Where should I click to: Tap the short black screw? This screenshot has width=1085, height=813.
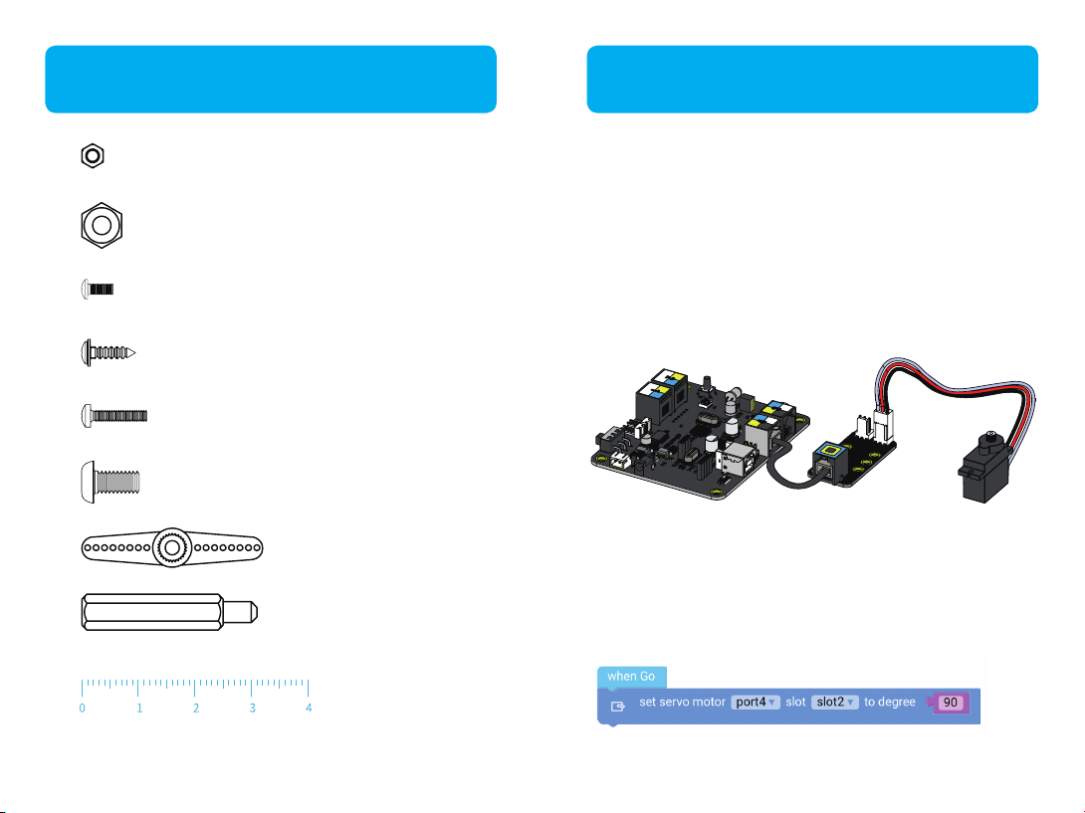[x=98, y=289]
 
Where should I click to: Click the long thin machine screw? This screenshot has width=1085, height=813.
[x=112, y=415]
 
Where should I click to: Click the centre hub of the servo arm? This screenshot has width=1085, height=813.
[x=172, y=546]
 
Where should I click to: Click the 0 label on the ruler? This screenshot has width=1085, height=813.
[x=82, y=709]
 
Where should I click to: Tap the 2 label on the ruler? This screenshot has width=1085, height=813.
[x=196, y=709]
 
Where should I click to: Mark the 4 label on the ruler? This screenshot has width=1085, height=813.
[x=309, y=709]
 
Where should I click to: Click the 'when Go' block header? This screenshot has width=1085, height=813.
[x=631, y=677]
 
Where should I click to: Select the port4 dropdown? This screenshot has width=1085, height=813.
[x=757, y=703]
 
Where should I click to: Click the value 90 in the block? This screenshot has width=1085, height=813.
[x=951, y=703]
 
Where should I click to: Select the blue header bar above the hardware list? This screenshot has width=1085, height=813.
[x=271, y=79]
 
